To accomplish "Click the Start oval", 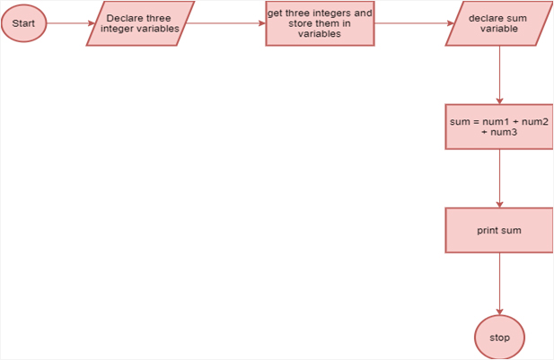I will tap(24, 23).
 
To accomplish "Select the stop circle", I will tap(499, 338).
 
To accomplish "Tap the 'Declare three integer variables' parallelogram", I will tap(139, 23).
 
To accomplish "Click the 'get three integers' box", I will tap(320, 23).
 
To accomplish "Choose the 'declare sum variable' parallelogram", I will tap(498, 23).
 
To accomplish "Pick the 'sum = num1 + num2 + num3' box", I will tap(498, 127).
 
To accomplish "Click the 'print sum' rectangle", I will tap(498, 230).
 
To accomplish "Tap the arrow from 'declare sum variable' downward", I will tap(499, 75).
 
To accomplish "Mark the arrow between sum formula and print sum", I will tap(499, 178).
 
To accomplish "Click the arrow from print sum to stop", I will tap(499, 283).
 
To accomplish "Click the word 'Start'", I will tap(24, 23).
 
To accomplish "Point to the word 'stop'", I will tap(500, 338).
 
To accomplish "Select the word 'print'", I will tap(488, 231).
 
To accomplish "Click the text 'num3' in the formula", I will tap(503, 132).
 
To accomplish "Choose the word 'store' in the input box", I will tap(303, 23).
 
